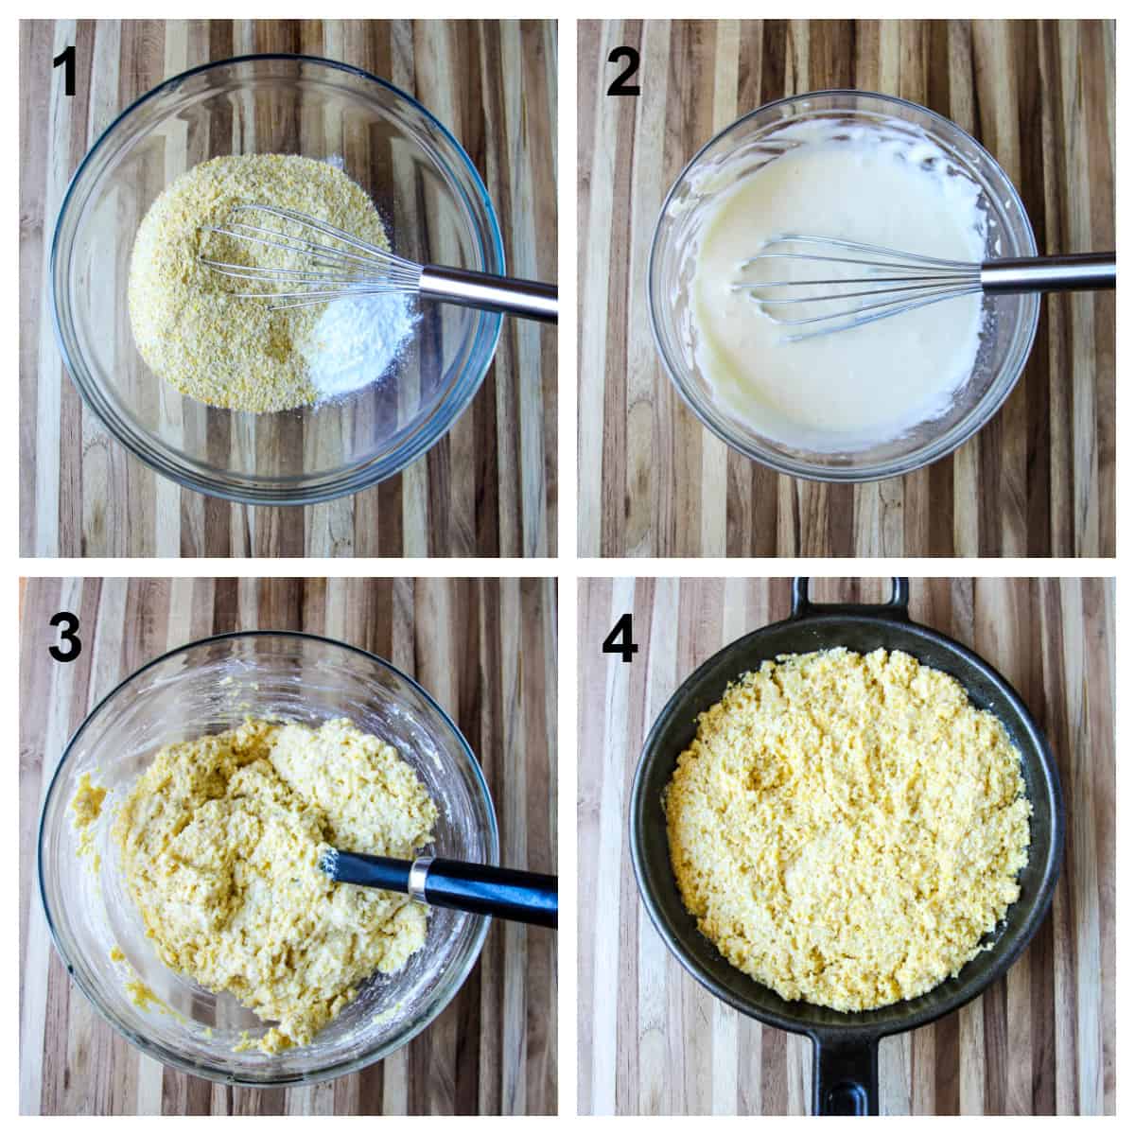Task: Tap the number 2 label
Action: pos(623,73)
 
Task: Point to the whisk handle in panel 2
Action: pos(1050,271)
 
